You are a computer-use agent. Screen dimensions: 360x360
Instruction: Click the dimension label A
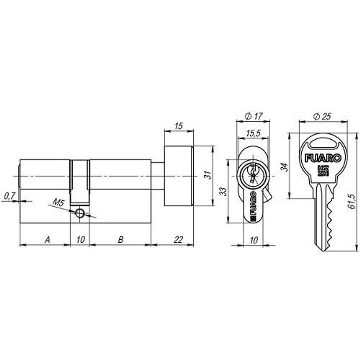click(x=47, y=239)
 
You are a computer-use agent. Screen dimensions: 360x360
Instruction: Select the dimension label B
click(x=121, y=239)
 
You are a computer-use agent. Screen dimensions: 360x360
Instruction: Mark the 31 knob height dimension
click(x=207, y=175)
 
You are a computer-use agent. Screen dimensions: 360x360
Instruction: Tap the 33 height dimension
click(x=224, y=191)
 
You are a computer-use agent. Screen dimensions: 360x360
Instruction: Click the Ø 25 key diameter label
click(x=322, y=117)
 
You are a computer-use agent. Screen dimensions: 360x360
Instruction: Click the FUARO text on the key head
click(x=323, y=158)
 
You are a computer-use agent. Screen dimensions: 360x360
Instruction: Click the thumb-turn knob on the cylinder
click(x=179, y=176)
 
